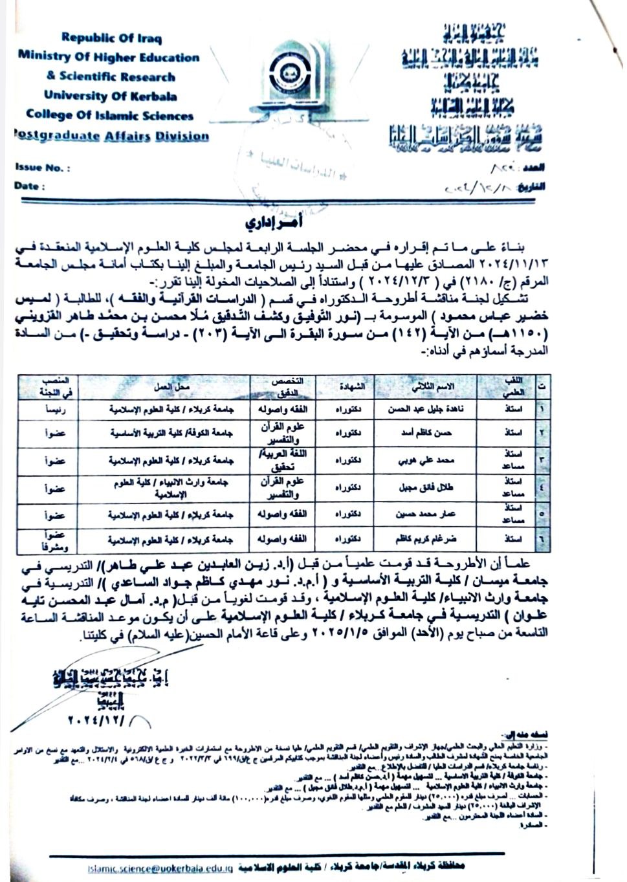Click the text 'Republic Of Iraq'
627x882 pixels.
coord(112,38)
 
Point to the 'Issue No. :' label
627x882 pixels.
coord(43,168)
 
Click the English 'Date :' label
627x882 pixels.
coord(30,186)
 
